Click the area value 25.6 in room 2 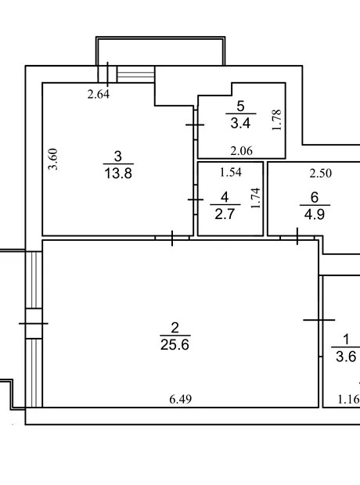[175, 344]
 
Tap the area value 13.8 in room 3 [118, 173]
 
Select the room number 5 [240, 106]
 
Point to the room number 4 [225, 197]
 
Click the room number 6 [314, 197]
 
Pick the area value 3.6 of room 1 [346, 357]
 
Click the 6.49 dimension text [181, 399]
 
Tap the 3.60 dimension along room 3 [53, 159]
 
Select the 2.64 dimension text [99, 94]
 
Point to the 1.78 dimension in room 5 [277, 120]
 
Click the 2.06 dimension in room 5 [242, 151]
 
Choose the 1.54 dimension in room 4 [231, 172]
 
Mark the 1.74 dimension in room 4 [256, 198]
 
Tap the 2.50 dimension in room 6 [321, 173]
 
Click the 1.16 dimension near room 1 [348, 399]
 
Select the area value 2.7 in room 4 [225, 214]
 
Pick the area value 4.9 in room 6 [314, 214]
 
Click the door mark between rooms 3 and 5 [195, 124]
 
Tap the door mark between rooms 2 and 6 [297, 236]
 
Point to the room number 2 [175, 328]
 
